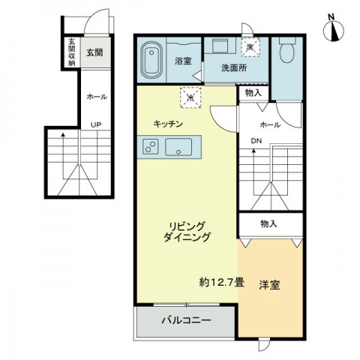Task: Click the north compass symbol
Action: click(x=333, y=31)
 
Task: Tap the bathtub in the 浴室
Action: click(x=151, y=60)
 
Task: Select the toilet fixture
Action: click(x=287, y=50)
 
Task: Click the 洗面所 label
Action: click(x=234, y=67)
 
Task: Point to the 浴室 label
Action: click(x=183, y=61)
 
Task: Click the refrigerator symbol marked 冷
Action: click(x=190, y=97)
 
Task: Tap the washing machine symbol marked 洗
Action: click(x=250, y=46)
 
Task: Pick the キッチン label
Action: click(x=168, y=124)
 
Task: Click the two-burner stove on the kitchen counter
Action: click(x=151, y=146)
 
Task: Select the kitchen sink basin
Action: click(x=178, y=147)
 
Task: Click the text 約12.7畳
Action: click(x=221, y=283)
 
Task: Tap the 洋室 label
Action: click(x=269, y=285)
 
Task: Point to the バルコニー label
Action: click(x=186, y=320)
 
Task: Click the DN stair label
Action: click(x=256, y=141)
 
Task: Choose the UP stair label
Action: click(x=96, y=124)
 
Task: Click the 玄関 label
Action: click(x=94, y=52)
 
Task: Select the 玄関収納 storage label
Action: click(x=72, y=52)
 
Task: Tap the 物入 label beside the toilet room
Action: click(x=253, y=93)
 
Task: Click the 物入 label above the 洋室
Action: click(x=268, y=223)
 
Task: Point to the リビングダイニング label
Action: click(x=187, y=232)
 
